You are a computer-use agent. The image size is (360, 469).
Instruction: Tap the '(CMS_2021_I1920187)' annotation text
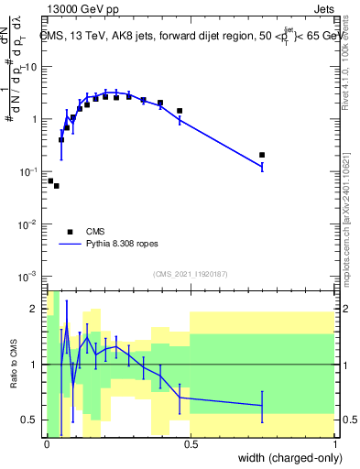pos(190,273)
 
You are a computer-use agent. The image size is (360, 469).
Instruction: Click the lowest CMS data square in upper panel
pos(57,186)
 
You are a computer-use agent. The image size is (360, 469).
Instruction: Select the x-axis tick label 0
pos(46,443)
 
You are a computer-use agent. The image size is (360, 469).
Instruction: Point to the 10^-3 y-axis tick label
pos(29,277)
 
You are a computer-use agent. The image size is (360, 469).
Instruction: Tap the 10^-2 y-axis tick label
pos(29,224)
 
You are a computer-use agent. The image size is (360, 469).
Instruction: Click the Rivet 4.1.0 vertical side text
pos(351,55)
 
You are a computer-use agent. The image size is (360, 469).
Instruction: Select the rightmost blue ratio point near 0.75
pos(262,405)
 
